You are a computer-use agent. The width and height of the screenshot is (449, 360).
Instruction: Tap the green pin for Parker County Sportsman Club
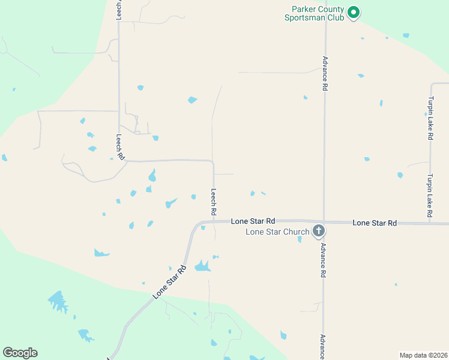[x=354, y=11]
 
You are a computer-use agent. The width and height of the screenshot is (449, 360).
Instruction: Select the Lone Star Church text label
[x=277, y=232]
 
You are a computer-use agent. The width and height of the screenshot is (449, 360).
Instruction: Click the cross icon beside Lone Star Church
[x=319, y=230]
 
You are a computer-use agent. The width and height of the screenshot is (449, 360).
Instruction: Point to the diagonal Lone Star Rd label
[x=170, y=282]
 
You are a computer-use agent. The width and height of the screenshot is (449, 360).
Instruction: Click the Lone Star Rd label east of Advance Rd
[x=375, y=223]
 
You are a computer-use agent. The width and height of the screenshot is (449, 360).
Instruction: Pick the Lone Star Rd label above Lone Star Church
[x=253, y=221]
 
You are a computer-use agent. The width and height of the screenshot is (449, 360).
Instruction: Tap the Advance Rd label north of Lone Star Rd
[x=325, y=73]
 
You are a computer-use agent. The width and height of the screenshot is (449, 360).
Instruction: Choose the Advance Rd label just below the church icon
[x=323, y=260]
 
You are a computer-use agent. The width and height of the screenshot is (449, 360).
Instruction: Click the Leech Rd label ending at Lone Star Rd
[x=213, y=202]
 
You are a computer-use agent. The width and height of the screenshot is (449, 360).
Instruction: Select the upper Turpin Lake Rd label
[x=430, y=118]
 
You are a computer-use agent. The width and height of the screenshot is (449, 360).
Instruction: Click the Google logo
[x=20, y=353]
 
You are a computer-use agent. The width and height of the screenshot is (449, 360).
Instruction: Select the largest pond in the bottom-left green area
[x=58, y=301]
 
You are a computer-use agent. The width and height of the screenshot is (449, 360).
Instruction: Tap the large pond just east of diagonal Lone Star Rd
[x=202, y=266]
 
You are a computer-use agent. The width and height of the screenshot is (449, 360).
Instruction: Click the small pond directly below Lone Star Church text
[x=300, y=240]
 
